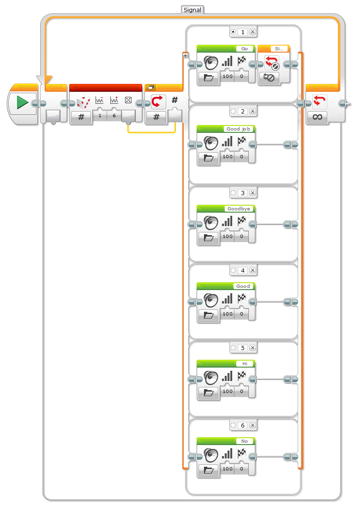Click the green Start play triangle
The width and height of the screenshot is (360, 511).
coord(22,103)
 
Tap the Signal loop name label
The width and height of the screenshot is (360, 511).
coord(192,9)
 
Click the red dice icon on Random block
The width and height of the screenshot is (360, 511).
coord(83,102)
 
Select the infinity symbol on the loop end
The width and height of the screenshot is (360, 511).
coord(317,117)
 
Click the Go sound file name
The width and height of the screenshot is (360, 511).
coord(245,48)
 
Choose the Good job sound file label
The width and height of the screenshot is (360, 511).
coord(238,129)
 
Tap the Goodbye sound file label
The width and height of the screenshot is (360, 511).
coord(239,209)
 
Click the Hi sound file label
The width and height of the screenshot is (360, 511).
coord(245,363)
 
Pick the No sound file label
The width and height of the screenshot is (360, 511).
coord(245,441)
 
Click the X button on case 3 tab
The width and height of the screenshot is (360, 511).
coord(252,193)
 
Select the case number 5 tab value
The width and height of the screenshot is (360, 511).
coord(243,348)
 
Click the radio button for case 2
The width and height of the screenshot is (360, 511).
coord(234,111)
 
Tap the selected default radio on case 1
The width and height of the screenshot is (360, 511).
coord(234,32)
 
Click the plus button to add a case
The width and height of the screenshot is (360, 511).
coord(185,55)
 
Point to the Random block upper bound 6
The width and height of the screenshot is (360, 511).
coord(114,116)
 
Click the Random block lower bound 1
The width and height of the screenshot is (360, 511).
coord(100,116)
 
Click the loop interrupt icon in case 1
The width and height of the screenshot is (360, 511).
coord(272,62)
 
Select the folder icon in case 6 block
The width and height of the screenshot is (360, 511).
coord(209,469)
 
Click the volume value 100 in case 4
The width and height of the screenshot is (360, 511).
coord(228,314)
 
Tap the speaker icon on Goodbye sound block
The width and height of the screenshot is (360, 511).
coord(211,223)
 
